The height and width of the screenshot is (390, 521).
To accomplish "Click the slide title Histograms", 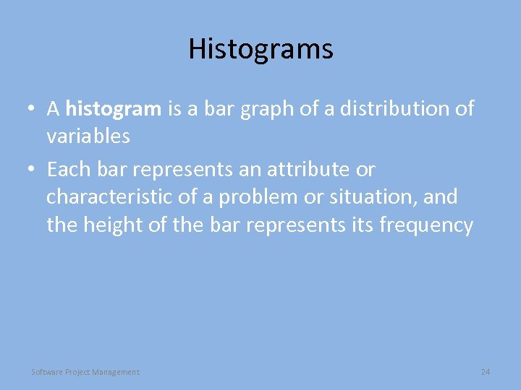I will click(x=260, y=49).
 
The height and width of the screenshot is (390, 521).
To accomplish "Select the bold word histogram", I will click(x=113, y=109).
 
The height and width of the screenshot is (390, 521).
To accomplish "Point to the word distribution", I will click(x=377, y=109).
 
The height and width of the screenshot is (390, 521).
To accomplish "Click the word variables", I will click(x=88, y=136).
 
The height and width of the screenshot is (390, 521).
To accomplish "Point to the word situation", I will click(x=377, y=197).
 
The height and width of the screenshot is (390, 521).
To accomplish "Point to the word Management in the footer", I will click(x=117, y=372).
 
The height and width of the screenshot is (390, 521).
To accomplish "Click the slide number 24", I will click(x=486, y=372).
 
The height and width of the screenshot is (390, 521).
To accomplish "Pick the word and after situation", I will click(x=441, y=197).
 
